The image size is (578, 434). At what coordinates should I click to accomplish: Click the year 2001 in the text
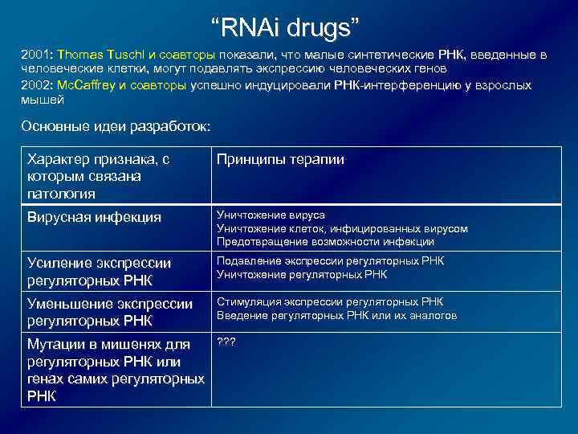(35, 55)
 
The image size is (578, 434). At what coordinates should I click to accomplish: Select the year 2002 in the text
(35, 85)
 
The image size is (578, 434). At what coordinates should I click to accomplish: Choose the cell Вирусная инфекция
(94, 217)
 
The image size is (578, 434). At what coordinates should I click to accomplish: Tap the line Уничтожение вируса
(271, 215)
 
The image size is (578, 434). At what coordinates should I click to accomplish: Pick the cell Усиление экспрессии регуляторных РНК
(100, 271)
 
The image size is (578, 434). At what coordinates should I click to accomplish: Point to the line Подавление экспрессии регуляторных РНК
(330, 262)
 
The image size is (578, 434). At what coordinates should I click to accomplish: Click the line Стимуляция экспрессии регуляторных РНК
(329, 302)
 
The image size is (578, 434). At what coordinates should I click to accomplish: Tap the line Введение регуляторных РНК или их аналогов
(336, 316)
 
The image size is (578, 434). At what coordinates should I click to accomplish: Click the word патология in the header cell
(61, 194)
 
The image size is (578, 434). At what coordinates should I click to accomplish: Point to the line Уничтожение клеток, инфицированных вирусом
(342, 228)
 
